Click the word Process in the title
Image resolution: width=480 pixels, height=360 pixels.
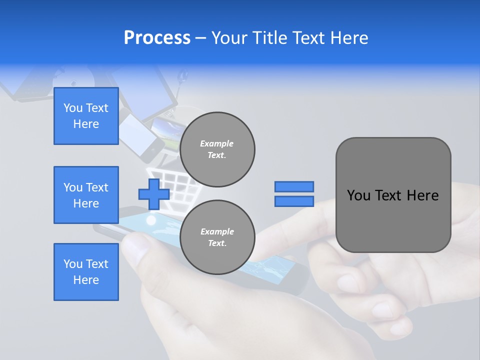(157, 38)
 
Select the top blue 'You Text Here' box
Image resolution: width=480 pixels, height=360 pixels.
(86, 116)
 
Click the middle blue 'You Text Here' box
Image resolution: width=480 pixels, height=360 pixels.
(86, 195)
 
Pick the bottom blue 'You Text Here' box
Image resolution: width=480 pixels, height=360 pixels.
(86, 272)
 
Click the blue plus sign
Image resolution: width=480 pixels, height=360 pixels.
(153, 194)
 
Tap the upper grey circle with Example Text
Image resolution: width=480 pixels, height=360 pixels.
(217, 149)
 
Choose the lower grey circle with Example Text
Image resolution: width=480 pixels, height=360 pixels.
(217, 237)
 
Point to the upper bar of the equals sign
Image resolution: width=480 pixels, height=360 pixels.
(294, 187)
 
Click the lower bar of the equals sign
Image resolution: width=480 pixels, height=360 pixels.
(294, 201)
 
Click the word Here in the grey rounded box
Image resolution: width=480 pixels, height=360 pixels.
(422, 195)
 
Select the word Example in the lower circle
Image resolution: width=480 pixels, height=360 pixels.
(217, 231)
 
